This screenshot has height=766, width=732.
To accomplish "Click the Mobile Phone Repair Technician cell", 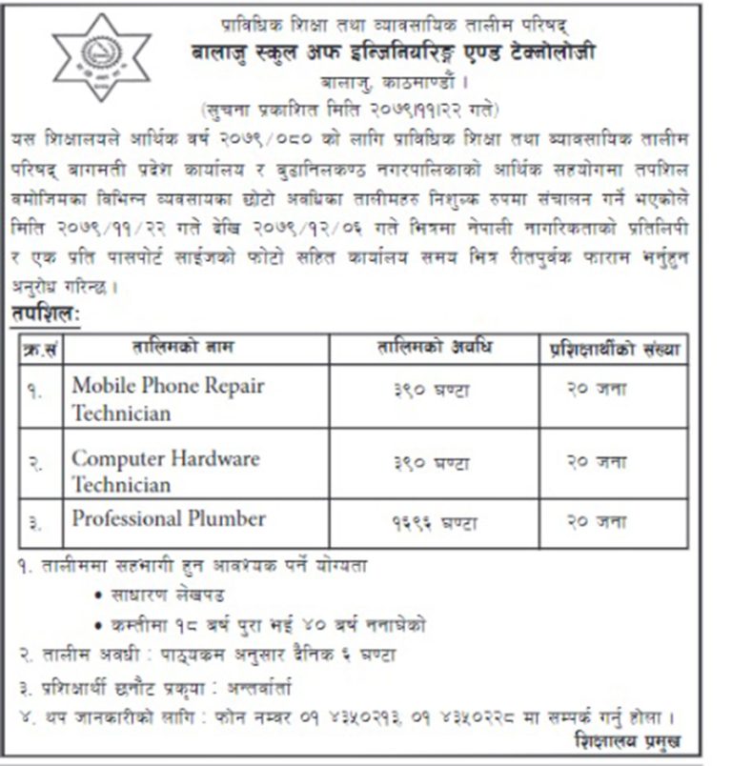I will coord(168,399).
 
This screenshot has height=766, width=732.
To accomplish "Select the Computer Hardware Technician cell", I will coord(166,471).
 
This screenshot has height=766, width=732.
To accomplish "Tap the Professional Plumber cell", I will coord(169,519).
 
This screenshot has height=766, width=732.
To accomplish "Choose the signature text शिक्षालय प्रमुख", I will coord(628,741).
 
